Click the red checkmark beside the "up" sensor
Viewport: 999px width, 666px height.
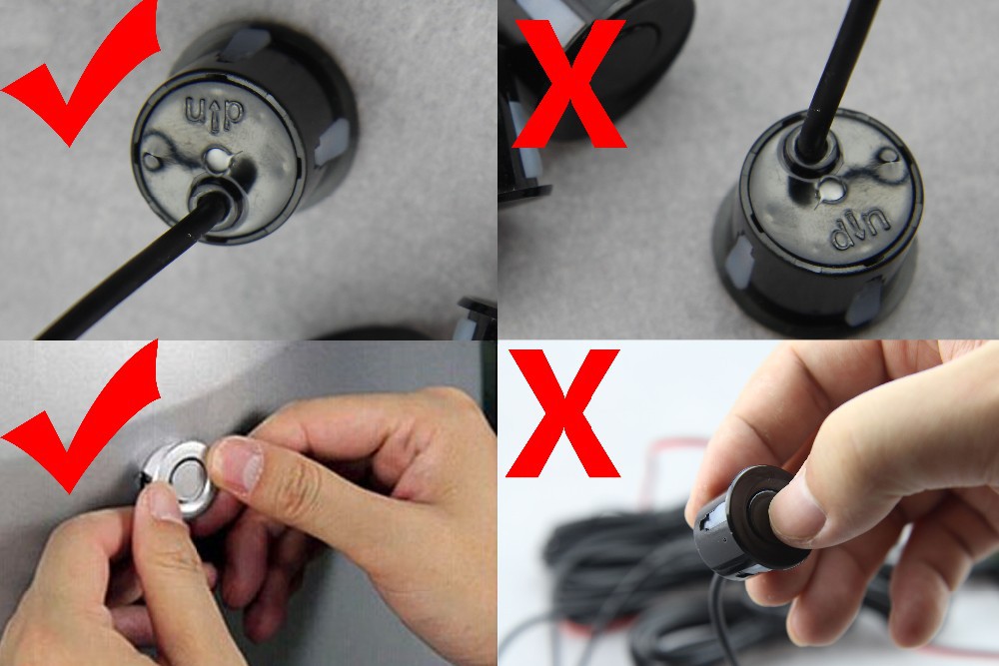[70, 96]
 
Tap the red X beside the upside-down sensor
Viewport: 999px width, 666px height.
[569, 83]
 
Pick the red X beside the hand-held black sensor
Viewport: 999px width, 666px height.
[563, 412]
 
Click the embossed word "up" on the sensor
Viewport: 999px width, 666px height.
[214, 114]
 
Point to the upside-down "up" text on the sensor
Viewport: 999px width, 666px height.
[861, 230]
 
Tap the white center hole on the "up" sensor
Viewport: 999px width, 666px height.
[216, 158]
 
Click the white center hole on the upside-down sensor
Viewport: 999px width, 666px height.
[830, 189]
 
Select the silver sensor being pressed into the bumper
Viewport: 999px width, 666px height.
[180, 477]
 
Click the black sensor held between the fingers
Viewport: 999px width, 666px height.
[745, 522]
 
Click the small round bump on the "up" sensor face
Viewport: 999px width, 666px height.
[151, 161]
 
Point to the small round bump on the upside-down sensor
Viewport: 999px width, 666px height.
[887, 155]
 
